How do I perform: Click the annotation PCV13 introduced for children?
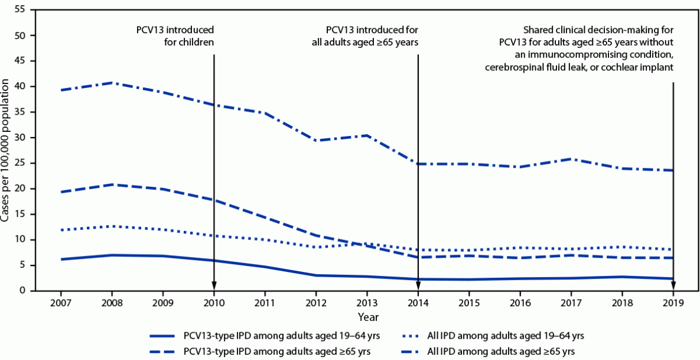coord(174,36)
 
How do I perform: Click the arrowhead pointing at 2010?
coord(214,285)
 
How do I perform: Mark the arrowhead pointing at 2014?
coord(418,285)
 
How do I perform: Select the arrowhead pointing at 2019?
coord(673,285)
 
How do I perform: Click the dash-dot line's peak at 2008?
coord(112,83)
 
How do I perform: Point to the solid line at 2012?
coord(316,275)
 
